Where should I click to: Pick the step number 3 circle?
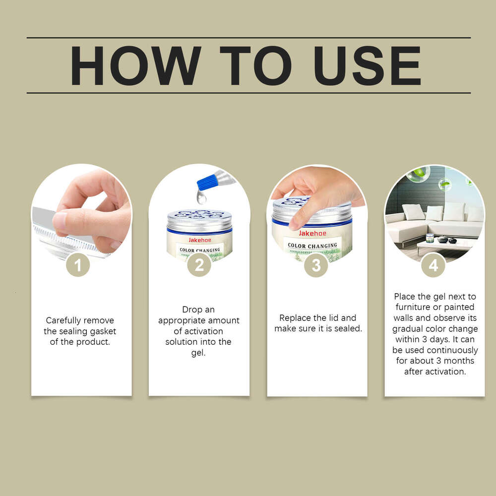[316, 265]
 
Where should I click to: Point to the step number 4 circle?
[433, 265]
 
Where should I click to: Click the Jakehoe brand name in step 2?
[199, 238]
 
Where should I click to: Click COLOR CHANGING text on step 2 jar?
[200, 250]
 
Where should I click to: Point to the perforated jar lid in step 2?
[199, 219]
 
